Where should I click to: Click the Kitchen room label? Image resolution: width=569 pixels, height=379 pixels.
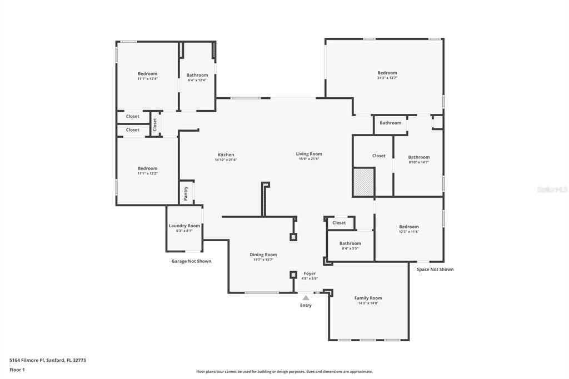pyautogui.click(x=226, y=155)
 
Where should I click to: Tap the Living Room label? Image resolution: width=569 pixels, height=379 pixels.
pyautogui.click(x=308, y=154)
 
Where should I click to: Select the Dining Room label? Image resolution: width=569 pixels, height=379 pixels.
pyautogui.click(x=263, y=255)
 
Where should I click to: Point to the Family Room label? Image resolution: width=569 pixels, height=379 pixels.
pyautogui.click(x=368, y=298)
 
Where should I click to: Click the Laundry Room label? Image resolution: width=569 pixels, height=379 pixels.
pyautogui.click(x=184, y=226)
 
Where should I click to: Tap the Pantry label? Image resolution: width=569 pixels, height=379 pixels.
pyautogui.click(x=186, y=193)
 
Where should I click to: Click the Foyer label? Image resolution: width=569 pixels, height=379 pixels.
pyautogui.click(x=310, y=273)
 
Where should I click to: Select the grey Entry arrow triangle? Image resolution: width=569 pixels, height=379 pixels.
pyautogui.click(x=306, y=298)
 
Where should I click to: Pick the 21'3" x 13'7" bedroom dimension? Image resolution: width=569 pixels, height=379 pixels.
pyautogui.click(x=387, y=78)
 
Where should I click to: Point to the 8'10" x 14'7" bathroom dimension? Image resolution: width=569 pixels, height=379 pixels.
pyautogui.click(x=419, y=162)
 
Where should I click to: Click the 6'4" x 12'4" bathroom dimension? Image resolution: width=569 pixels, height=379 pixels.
pyautogui.click(x=197, y=80)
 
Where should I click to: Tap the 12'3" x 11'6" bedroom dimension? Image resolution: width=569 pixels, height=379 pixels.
pyautogui.click(x=409, y=232)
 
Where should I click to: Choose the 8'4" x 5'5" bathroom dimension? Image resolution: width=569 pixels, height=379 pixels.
pyautogui.click(x=350, y=248)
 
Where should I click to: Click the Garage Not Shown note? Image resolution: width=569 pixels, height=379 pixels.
pyautogui.click(x=191, y=261)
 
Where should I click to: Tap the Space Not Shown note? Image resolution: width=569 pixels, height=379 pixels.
pyautogui.click(x=435, y=270)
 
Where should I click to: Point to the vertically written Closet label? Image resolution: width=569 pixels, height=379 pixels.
pyautogui.click(x=155, y=124)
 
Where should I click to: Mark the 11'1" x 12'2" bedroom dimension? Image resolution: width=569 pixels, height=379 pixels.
pyautogui.click(x=148, y=173)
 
